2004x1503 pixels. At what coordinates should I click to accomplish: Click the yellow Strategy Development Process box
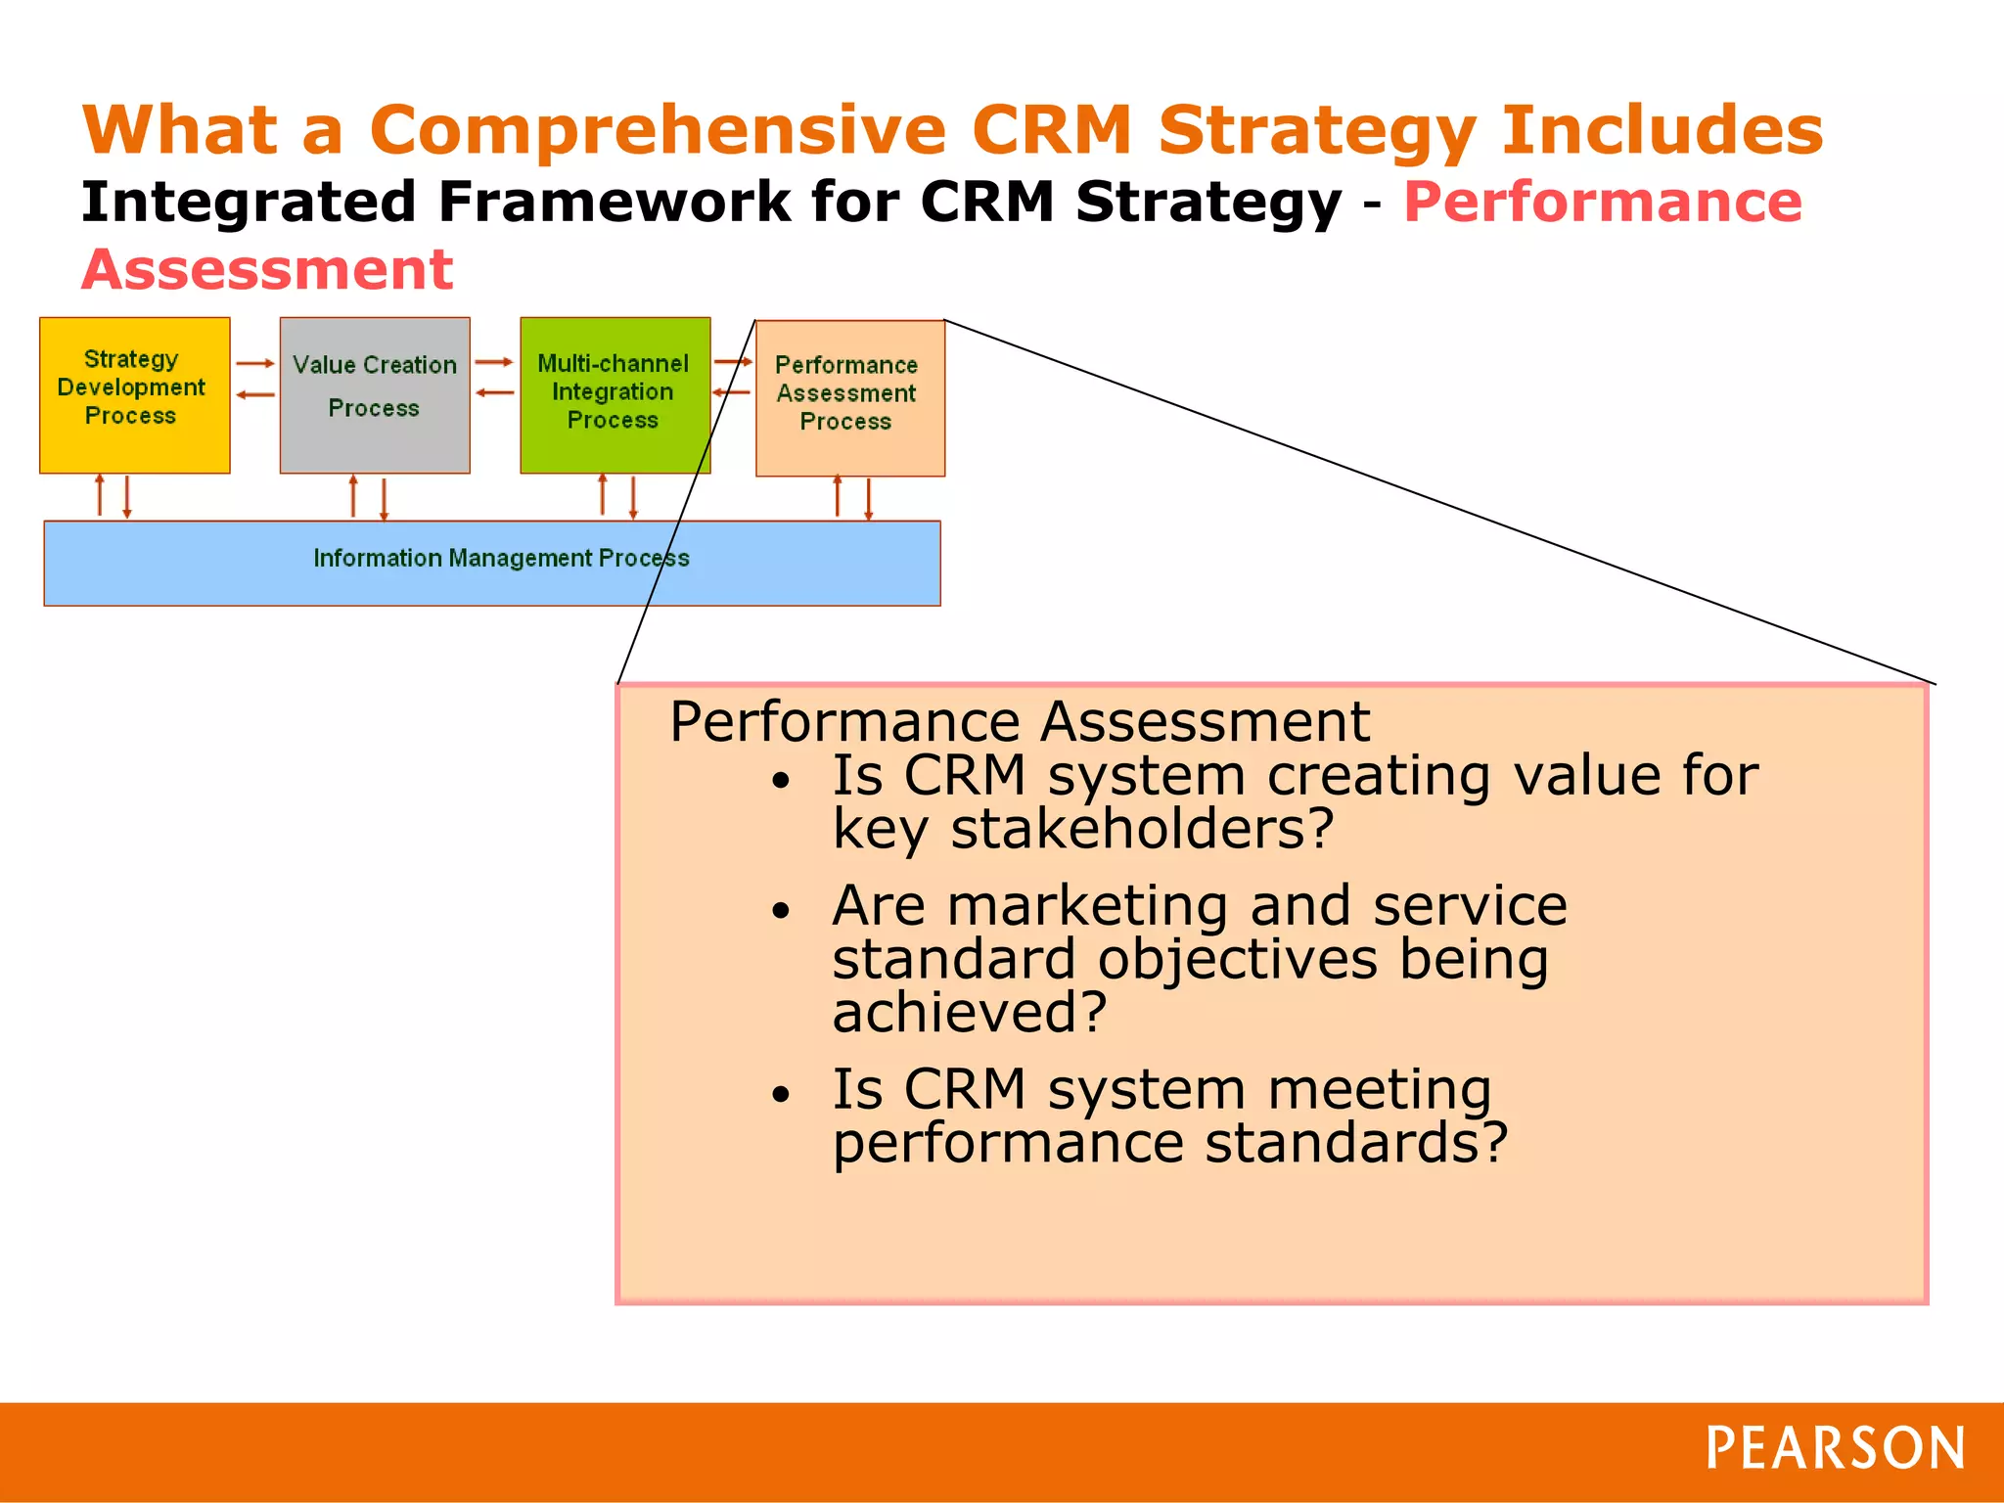[x=134, y=394]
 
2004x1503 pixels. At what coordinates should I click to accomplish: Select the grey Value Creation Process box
[x=375, y=394]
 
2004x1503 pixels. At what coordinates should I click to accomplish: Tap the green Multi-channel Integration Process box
[x=615, y=394]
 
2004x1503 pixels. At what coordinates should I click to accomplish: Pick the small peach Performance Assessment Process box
[x=849, y=398]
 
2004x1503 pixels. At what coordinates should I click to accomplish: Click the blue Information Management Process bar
[x=492, y=563]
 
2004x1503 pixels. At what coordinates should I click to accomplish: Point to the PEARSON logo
[x=1835, y=1448]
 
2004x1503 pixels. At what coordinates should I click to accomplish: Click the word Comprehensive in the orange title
[x=658, y=130]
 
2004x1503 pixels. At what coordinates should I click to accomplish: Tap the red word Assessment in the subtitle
[x=267, y=270]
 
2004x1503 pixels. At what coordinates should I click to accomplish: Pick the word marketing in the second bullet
[x=1086, y=905]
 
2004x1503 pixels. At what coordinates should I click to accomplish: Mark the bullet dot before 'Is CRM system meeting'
[x=780, y=1094]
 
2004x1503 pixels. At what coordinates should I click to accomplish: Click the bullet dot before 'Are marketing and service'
[x=780, y=911]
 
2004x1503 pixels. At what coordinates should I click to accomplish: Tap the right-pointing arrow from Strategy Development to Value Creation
[x=255, y=363]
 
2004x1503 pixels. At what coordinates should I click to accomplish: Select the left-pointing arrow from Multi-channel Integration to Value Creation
[x=495, y=393]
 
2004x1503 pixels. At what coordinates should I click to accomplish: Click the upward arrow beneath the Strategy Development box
[x=100, y=495]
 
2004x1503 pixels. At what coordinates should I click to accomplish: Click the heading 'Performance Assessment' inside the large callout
[x=1019, y=722]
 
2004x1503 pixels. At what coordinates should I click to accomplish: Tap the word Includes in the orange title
[x=1662, y=130]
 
